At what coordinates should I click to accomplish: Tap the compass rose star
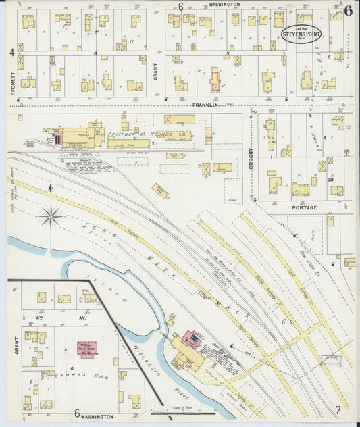pyautogui.click(x=50, y=216)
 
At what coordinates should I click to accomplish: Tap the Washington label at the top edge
pyautogui.click(x=224, y=4)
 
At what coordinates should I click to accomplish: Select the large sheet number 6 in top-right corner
pyautogui.click(x=347, y=9)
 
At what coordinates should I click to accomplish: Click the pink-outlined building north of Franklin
pyautogui.click(x=215, y=80)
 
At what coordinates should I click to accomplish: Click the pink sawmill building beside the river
pyautogui.click(x=192, y=338)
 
